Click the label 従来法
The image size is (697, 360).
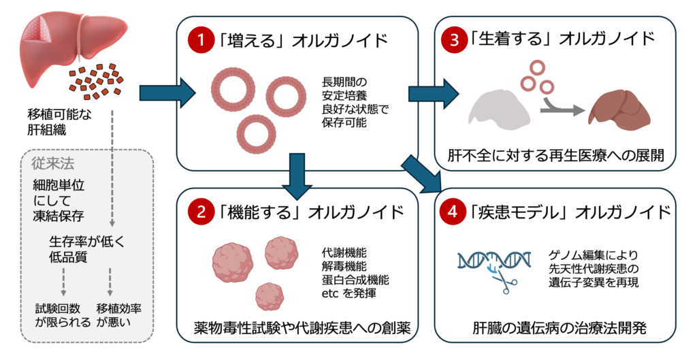coord(52,164)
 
